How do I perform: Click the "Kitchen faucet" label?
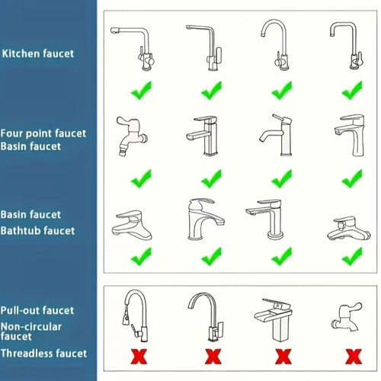point(38,54)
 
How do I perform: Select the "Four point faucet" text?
point(43,133)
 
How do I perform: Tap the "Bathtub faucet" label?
point(37,231)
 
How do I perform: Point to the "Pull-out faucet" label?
point(37,310)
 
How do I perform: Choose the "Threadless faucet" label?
point(43,354)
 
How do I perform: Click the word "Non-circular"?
point(31,327)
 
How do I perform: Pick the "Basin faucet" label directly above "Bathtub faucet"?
point(30,215)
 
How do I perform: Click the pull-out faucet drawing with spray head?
point(135,315)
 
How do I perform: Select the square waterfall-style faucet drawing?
point(273,320)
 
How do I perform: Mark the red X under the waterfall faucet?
point(283,357)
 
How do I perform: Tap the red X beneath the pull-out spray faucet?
point(139,357)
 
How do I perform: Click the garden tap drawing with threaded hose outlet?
point(132,136)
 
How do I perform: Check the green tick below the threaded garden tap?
point(141,179)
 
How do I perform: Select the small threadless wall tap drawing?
point(347,317)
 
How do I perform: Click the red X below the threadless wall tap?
point(354,357)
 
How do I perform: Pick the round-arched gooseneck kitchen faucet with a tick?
point(276,45)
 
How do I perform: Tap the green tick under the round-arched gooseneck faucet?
point(282,91)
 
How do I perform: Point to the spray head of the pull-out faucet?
point(126,319)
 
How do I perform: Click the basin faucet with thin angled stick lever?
point(276,135)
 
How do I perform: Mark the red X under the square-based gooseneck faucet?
point(213,357)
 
